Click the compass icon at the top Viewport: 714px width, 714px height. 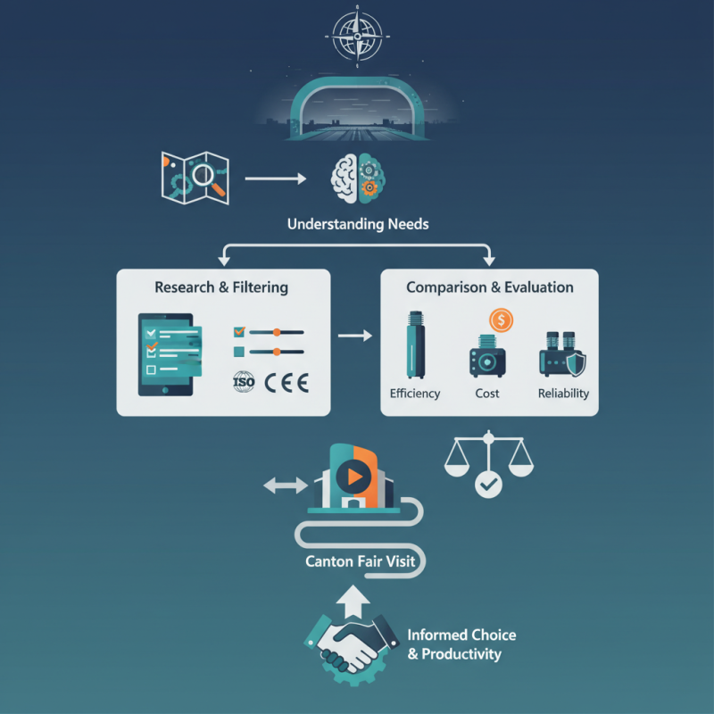pos(357,35)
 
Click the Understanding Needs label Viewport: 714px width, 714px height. pos(358,224)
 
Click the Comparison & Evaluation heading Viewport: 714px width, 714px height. pos(490,287)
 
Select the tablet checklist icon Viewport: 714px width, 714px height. pos(166,354)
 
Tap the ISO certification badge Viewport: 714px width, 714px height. pos(244,383)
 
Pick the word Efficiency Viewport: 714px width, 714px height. pos(415,394)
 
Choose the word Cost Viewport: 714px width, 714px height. pos(487,394)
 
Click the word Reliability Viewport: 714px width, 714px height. pos(563,394)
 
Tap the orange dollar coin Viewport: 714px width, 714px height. pos(501,320)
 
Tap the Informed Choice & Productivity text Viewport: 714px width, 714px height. pos(461,644)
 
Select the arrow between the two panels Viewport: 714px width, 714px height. pos(355,336)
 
